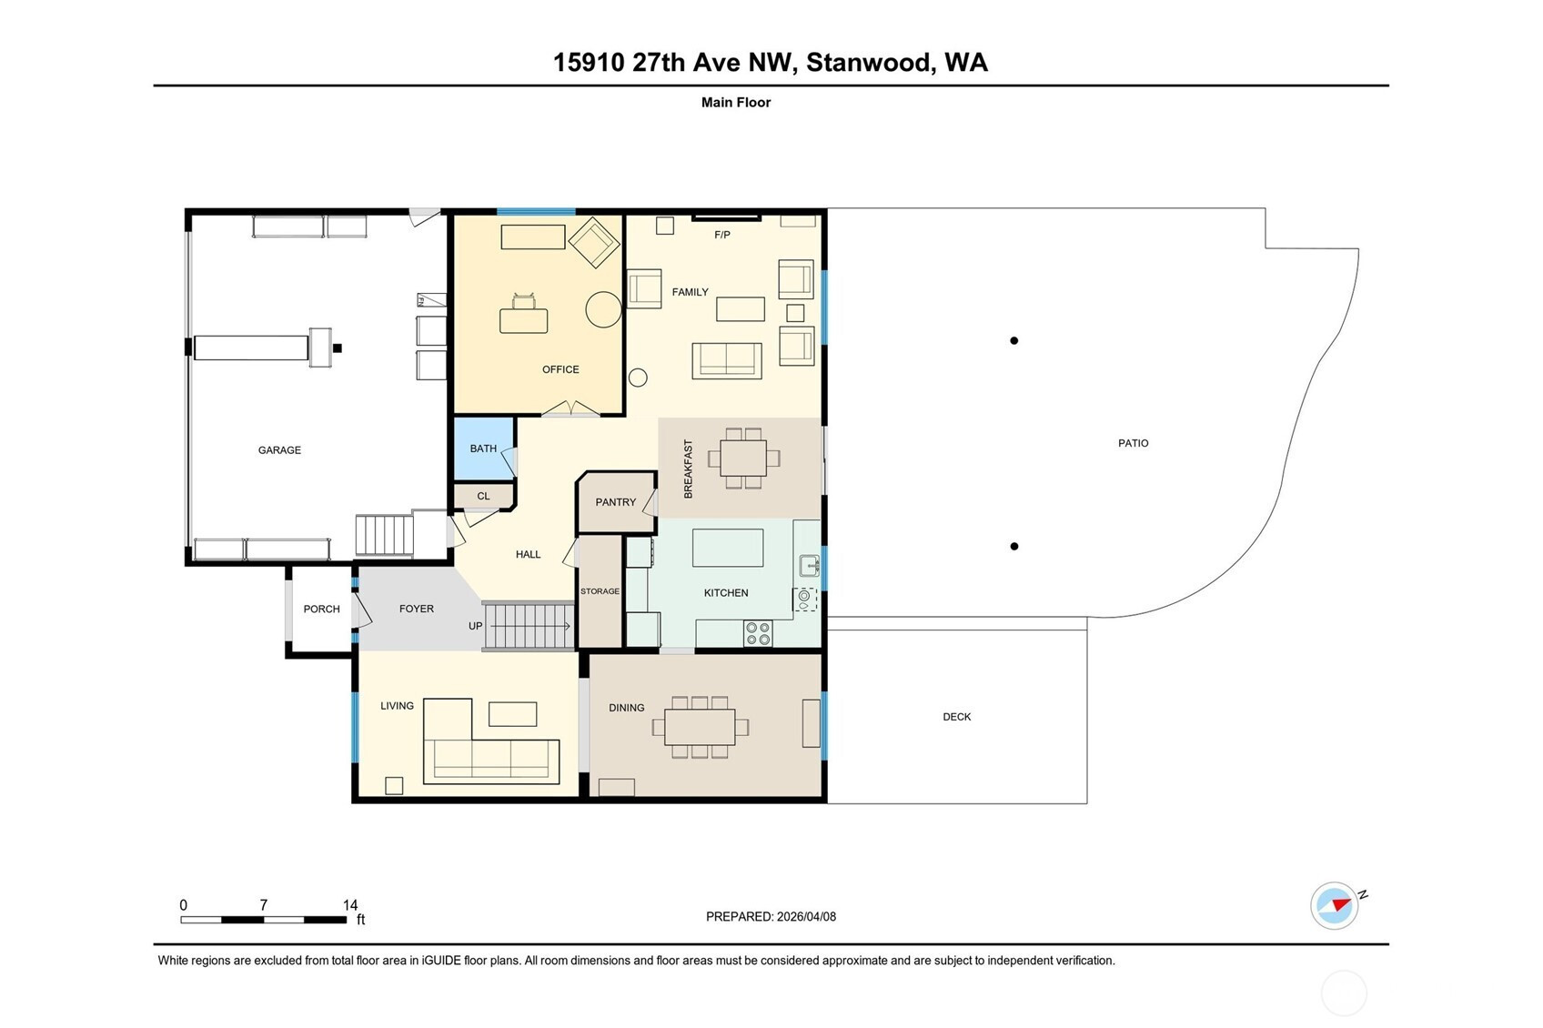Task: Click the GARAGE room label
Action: tap(279, 450)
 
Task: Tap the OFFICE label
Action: tap(560, 369)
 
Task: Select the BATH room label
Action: tap(483, 448)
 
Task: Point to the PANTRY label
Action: tap(615, 502)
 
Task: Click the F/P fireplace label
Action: tap(721, 235)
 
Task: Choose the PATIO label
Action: tap(1134, 443)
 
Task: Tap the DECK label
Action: tap(957, 717)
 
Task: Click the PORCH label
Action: tap(322, 610)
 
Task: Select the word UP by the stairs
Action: tap(475, 626)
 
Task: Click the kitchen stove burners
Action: tap(758, 634)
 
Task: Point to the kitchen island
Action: tap(728, 548)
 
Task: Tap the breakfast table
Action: tap(743, 458)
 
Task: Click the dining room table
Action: tap(700, 727)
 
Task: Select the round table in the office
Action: tap(603, 309)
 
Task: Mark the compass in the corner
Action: tap(1335, 905)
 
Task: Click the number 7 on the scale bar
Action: tap(263, 904)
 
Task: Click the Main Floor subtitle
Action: tap(736, 102)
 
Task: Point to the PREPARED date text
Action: tap(771, 916)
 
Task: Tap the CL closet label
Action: tap(483, 496)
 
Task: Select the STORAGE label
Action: tap(600, 591)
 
